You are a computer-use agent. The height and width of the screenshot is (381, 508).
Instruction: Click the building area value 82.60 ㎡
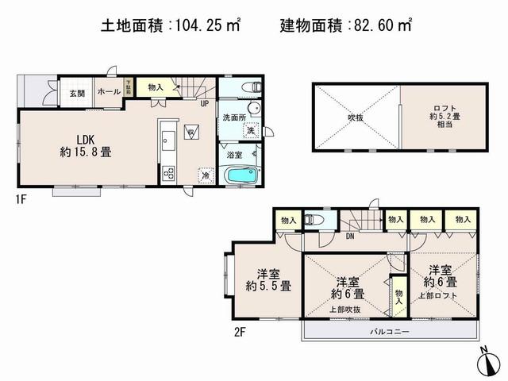coord(382,25)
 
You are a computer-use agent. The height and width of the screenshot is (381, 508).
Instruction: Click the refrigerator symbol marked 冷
coord(205,175)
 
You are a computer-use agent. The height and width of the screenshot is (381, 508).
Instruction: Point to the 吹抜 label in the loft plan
coord(355,117)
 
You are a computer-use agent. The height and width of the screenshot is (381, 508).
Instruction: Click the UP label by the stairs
coord(204,104)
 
